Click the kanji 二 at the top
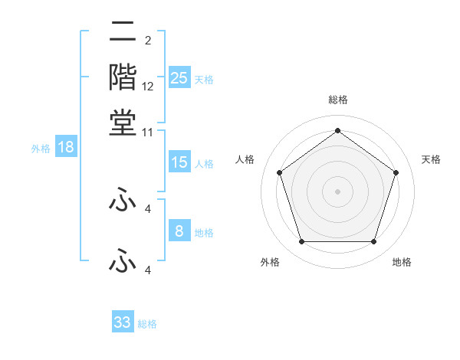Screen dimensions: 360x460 tap(123, 33)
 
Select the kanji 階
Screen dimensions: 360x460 tap(123, 77)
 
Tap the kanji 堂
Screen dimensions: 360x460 tap(123, 121)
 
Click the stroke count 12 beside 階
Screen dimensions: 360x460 tap(148, 87)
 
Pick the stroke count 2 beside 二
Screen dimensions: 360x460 tap(147, 40)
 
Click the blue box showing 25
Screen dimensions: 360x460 tap(179, 77)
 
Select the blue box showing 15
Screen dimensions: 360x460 tap(179, 162)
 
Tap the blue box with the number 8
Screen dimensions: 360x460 tap(179, 231)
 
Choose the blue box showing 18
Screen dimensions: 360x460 tap(66, 148)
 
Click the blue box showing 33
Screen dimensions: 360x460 tap(123, 322)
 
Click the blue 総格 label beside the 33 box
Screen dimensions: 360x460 tap(147, 324)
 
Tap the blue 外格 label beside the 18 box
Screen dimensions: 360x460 tap(41, 149)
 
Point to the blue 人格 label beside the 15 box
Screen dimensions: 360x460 tap(204, 164)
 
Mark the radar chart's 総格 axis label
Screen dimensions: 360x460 tap(337, 100)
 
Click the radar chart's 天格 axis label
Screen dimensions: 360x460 tap(431, 159)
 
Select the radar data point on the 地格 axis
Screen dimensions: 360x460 tap(373, 242)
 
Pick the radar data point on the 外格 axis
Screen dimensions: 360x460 tap(301, 242)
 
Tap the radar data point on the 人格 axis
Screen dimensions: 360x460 tap(279, 173)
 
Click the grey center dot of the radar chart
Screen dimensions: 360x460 tap(337, 191)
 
